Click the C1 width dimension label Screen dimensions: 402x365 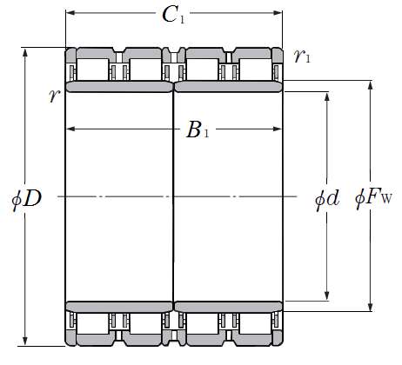point(173,15)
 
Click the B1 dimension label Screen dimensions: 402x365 point(198,129)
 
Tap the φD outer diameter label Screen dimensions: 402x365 point(26,199)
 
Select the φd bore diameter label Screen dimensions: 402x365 point(327,199)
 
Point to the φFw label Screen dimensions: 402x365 point(373,199)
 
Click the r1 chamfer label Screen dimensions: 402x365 point(302,56)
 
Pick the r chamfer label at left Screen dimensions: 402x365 point(55,96)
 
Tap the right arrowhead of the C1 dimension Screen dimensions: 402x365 point(278,13)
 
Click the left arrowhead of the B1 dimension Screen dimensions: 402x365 point(71,129)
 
